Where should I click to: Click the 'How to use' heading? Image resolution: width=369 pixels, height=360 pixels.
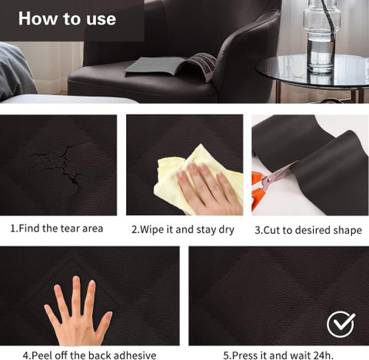tap(67, 18)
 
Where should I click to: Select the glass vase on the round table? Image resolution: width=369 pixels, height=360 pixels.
tap(321, 36)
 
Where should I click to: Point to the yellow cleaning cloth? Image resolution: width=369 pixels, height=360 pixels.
tap(194, 177)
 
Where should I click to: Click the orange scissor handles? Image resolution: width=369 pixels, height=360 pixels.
tap(257, 190)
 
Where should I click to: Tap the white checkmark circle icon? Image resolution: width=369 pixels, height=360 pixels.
tap(341, 324)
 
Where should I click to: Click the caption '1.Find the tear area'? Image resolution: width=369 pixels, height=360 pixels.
tap(57, 228)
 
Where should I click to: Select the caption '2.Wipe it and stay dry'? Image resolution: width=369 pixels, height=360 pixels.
tap(183, 230)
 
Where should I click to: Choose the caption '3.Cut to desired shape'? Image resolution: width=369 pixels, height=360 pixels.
tap(308, 230)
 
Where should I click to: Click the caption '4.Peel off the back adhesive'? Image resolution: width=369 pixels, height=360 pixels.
tap(89, 355)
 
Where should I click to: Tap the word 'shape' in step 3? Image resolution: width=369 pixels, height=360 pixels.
tap(347, 231)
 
